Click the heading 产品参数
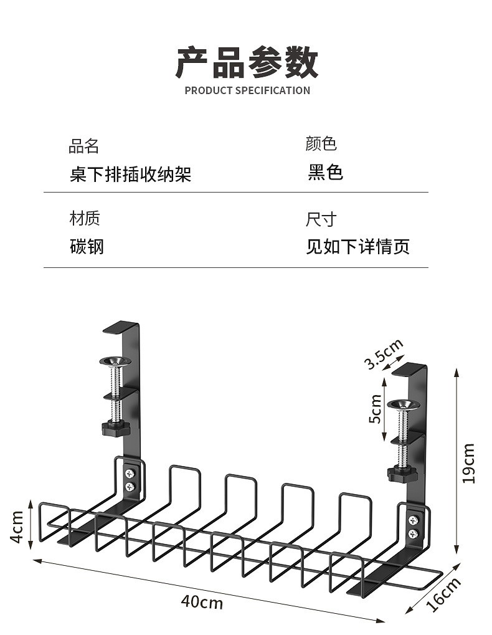247,62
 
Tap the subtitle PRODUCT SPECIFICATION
247,90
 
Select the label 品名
83,147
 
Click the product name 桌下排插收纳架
130,174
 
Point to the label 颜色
321,145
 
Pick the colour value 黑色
325,173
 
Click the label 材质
84,219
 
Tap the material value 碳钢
87,247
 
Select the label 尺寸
321,219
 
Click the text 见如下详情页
357,247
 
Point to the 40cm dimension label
202,603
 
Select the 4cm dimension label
17,527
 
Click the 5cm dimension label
375,409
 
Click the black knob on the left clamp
113,428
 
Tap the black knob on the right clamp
400,474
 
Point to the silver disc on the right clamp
401,406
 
